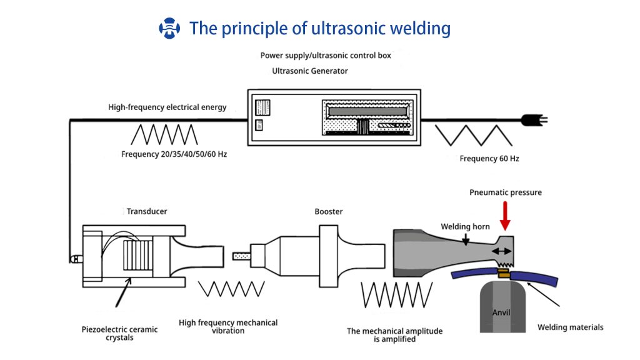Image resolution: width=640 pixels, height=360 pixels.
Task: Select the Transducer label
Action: pyautogui.click(x=147, y=211)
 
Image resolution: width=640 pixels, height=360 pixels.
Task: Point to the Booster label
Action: pyautogui.click(x=329, y=211)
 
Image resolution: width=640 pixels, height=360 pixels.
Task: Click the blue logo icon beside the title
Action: pyautogui.click(x=169, y=28)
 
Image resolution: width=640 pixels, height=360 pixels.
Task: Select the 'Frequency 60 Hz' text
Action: pyautogui.click(x=489, y=159)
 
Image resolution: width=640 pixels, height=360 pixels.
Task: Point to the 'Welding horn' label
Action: pyautogui.click(x=465, y=226)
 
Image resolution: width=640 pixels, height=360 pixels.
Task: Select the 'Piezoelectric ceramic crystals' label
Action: pyautogui.click(x=119, y=334)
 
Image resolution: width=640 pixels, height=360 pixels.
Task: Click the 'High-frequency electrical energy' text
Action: pyautogui.click(x=167, y=107)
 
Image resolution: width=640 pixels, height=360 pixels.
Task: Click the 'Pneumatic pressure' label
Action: pyautogui.click(x=505, y=192)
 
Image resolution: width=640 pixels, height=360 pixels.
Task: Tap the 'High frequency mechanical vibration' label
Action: pyautogui.click(x=228, y=326)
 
